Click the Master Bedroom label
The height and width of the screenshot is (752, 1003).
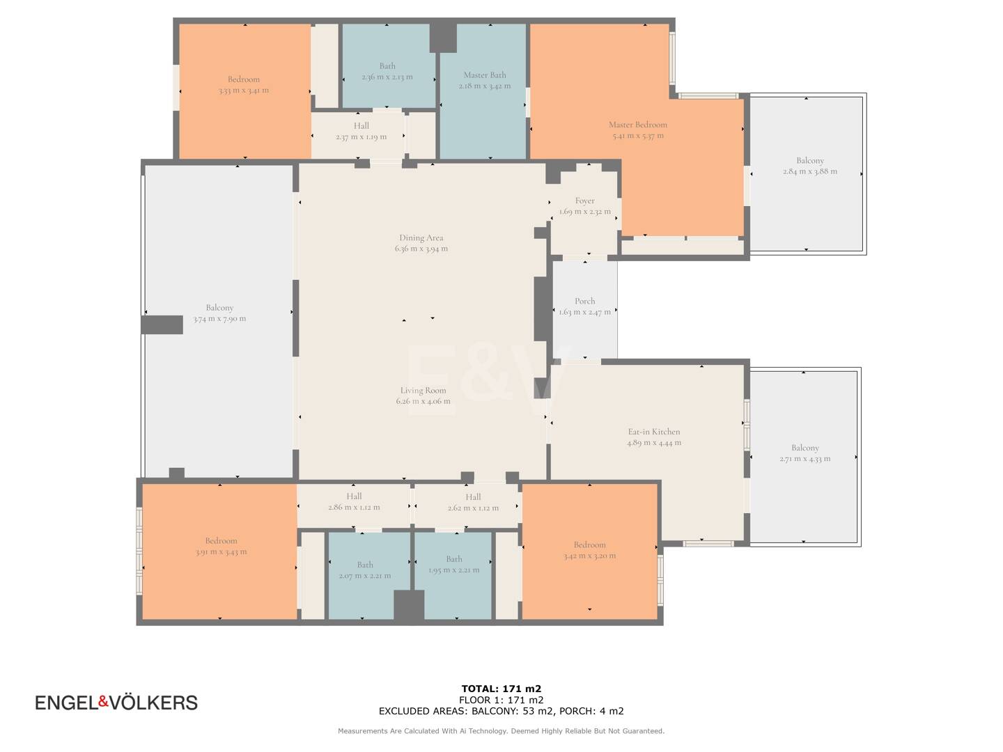pos(637,125)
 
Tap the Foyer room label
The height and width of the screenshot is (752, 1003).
pos(584,201)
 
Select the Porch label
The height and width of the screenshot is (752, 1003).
pos(584,301)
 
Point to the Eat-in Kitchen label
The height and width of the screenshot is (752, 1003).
pos(654,432)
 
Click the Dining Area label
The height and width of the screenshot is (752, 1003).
pos(421,238)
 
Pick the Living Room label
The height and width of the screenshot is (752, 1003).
pos(423,391)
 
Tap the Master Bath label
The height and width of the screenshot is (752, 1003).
pos(484,75)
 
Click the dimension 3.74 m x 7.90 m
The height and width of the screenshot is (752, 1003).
pos(219,319)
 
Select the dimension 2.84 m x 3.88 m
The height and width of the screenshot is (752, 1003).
pos(809,172)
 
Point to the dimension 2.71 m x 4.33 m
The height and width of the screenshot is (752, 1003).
pos(804,459)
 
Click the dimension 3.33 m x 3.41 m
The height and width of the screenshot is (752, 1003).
pos(244,91)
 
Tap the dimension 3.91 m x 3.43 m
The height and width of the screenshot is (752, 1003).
pos(221,552)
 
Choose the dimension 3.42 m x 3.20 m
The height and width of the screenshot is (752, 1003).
pos(589,556)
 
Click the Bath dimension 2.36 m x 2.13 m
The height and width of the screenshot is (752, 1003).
pos(387,77)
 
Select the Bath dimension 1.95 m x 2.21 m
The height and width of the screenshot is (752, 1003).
pos(453,570)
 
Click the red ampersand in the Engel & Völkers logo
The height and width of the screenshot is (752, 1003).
pos(104,702)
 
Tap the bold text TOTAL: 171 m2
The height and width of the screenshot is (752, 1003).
pos(501,689)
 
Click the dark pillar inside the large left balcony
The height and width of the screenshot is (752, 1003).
pos(162,325)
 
